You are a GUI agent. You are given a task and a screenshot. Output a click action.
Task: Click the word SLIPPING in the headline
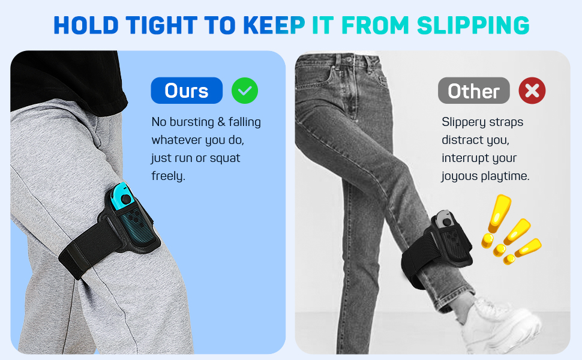click(x=473, y=25)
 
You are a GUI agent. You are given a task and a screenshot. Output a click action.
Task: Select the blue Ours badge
click(x=187, y=91)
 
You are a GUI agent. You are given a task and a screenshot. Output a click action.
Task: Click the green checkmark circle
click(x=245, y=91)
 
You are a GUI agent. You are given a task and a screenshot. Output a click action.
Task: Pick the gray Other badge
click(x=473, y=91)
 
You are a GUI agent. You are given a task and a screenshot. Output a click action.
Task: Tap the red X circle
click(x=532, y=91)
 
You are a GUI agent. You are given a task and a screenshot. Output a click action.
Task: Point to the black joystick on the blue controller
click(x=126, y=200)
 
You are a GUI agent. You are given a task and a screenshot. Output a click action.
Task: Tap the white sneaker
click(x=497, y=322)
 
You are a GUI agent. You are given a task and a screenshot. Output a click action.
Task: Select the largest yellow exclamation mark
click(x=497, y=216)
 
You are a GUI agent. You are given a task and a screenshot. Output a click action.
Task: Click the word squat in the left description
click(x=225, y=158)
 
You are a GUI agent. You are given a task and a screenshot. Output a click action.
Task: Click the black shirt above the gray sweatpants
click(x=67, y=78)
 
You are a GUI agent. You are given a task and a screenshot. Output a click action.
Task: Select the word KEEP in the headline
click(x=274, y=25)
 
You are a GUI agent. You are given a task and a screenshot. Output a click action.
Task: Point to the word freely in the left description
click(x=168, y=176)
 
